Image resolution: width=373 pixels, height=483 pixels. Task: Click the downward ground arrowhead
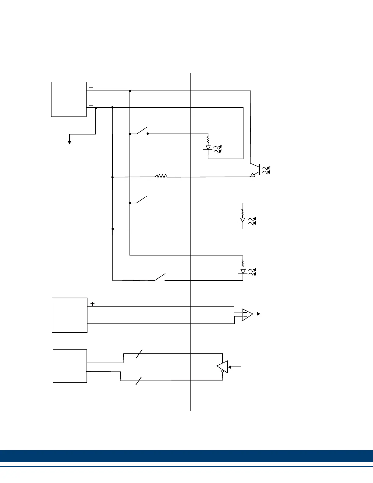[x=69, y=142]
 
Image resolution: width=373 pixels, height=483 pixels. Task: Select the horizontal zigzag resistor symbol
[x=161, y=176]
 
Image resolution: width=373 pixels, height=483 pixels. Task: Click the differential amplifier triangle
[x=247, y=314]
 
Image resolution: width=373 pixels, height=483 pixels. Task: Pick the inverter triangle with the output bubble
[x=223, y=367]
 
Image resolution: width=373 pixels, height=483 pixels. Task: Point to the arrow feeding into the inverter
[x=235, y=367]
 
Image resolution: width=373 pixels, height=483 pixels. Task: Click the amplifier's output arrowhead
[x=258, y=314]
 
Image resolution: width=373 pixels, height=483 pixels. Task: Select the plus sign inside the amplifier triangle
[x=245, y=313]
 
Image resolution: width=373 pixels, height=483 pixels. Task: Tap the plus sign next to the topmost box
[x=91, y=87]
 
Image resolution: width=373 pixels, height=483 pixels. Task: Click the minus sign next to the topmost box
[x=91, y=106]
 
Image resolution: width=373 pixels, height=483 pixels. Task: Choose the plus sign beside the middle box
[x=93, y=304]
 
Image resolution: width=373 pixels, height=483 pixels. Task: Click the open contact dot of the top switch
[x=148, y=134]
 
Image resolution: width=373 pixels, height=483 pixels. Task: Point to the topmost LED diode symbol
[x=208, y=148]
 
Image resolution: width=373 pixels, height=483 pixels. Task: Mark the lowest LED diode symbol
[x=243, y=271]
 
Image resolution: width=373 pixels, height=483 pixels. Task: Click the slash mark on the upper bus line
[x=139, y=353]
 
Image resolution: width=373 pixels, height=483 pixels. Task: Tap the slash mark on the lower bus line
[x=139, y=381]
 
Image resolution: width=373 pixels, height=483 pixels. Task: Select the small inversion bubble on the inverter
[x=223, y=371]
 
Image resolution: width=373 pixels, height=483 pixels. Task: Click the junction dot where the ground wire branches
[x=96, y=108]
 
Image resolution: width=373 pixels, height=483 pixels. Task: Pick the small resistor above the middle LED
[x=243, y=212]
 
